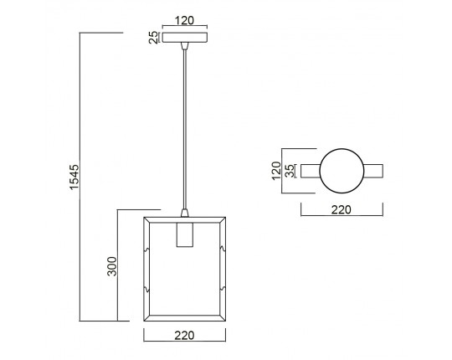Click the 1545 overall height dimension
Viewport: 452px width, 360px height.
click(74, 177)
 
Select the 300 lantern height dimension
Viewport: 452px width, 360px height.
click(112, 266)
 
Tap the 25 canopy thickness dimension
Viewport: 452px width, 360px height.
click(154, 38)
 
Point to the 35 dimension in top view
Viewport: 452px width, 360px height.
click(290, 171)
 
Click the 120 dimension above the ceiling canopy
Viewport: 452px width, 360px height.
click(184, 20)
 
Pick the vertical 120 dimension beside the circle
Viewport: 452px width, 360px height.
click(276, 171)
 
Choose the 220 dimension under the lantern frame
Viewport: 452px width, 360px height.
click(184, 335)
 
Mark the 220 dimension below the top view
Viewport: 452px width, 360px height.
click(342, 209)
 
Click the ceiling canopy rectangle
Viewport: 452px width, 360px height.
click(184, 38)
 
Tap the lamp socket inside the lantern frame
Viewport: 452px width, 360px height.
click(184, 234)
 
